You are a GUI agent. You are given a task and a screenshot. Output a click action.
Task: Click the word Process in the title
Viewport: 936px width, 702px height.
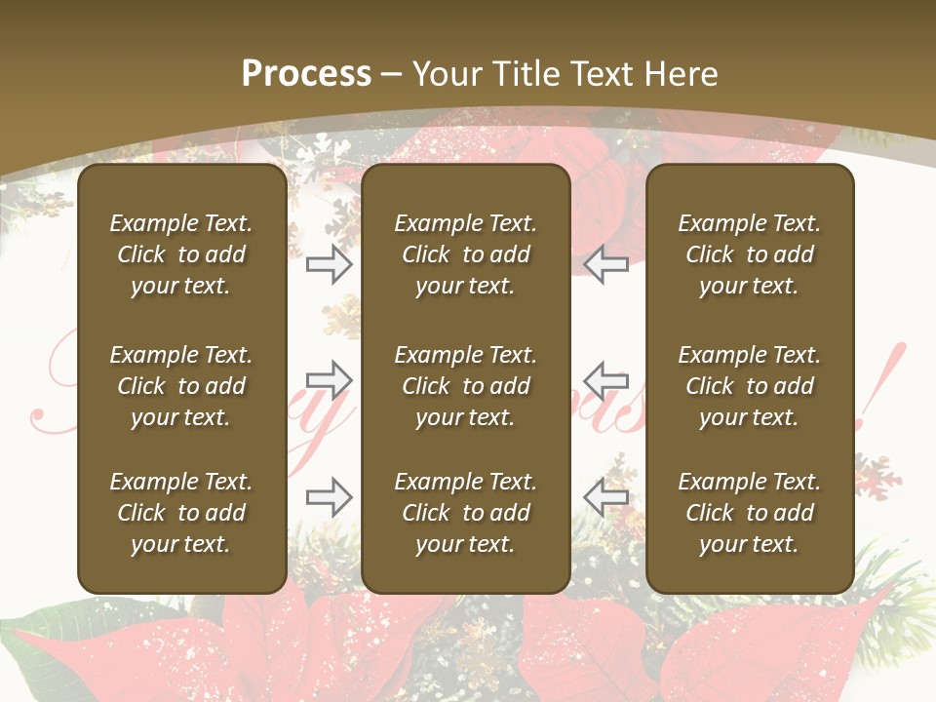(x=306, y=74)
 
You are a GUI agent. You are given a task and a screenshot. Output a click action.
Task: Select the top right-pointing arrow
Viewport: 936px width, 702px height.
(x=330, y=264)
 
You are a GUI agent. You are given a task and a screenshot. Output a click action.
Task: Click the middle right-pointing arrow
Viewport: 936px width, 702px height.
(x=330, y=379)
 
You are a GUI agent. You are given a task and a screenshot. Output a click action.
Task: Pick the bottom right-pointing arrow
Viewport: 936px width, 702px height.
(x=330, y=496)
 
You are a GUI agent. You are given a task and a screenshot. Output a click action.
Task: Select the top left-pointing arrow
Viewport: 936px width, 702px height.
(x=606, y=264)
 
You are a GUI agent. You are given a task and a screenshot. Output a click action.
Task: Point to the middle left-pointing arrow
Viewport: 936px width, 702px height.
(x=606, y=379)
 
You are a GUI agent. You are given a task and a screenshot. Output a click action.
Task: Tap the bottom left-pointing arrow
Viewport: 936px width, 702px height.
(x=606, y=496)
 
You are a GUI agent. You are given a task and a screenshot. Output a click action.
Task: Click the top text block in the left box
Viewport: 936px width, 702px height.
(x=181, y=254)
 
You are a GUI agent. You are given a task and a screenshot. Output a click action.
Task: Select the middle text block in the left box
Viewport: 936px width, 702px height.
(x=181, y=386)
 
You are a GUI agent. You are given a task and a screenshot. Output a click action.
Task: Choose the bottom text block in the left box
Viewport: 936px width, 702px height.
(x=181, y=513)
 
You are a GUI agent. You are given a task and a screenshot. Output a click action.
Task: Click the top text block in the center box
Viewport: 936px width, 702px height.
(x=465, y=254)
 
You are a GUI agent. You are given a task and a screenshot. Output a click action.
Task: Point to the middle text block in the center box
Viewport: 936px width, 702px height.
(x=465, y=386)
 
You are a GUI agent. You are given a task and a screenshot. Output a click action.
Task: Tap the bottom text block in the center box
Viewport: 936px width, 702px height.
(x=465, y=513)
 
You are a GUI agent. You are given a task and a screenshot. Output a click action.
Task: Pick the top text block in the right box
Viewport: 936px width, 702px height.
(x=749, y=254)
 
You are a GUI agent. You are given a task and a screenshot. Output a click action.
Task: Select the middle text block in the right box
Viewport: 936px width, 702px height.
(x=749, y=386)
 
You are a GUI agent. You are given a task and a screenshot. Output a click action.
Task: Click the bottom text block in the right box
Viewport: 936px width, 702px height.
(x=749, y=513)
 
